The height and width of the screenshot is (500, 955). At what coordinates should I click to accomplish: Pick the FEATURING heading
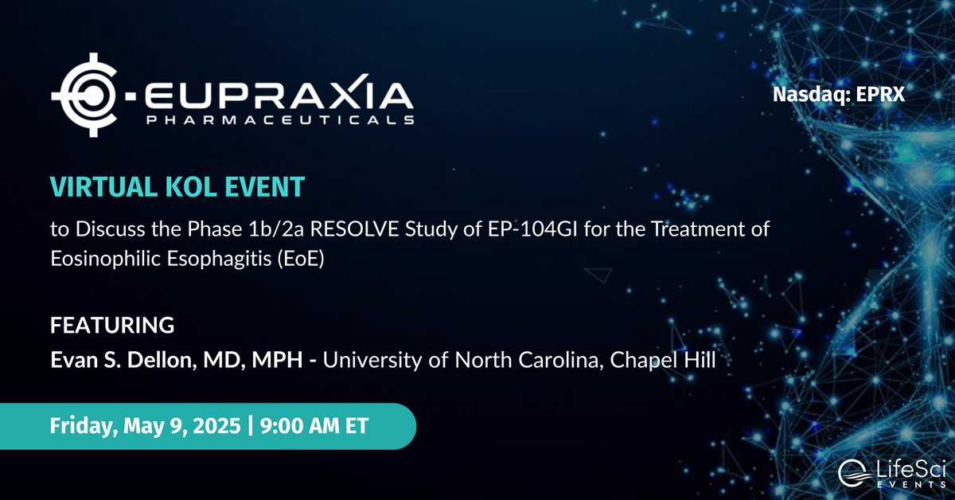click(x=112, y=326)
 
